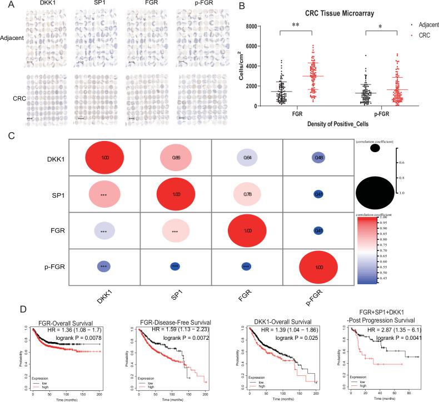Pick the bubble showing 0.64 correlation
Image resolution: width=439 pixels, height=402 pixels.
pyautogui.click(x=246, y=159)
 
